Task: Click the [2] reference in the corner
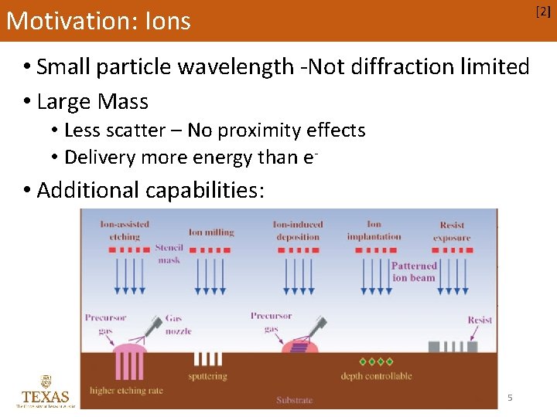point(544,10)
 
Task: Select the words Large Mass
point(92,101)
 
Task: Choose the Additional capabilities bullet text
point(150,190)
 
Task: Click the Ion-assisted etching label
point(125,230)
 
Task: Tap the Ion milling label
point(211,232)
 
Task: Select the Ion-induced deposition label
point(297,230)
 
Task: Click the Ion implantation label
point(374,230)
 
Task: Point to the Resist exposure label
point(452,232)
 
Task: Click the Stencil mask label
point(169,254)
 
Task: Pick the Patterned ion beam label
point(414,272)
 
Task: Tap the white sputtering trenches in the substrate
point(207,359)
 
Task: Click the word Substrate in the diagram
point(294,400)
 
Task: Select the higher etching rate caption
point(126,390)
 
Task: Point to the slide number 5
point(510,398)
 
